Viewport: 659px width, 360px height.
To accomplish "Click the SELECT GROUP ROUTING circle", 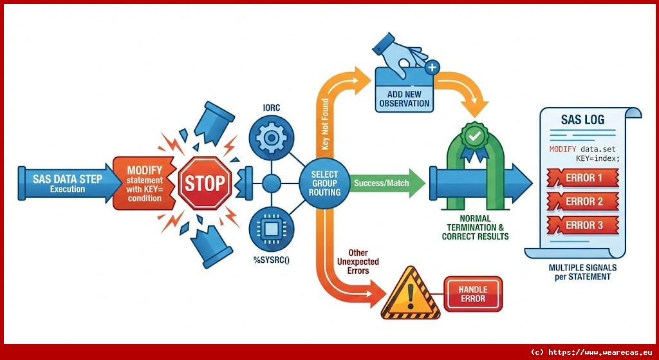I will [324, 183].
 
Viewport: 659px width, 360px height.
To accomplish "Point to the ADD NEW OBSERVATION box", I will [404, 99].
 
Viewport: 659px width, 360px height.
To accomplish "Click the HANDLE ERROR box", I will [472, 295].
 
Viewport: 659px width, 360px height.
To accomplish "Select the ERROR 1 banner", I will [583, 178].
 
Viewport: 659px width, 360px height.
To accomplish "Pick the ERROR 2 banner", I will [583, 202].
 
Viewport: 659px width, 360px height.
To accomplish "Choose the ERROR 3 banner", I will [583, 225].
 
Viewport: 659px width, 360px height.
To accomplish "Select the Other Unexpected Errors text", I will [358, 261].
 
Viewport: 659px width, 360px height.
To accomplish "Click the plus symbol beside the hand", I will [432, 66].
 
